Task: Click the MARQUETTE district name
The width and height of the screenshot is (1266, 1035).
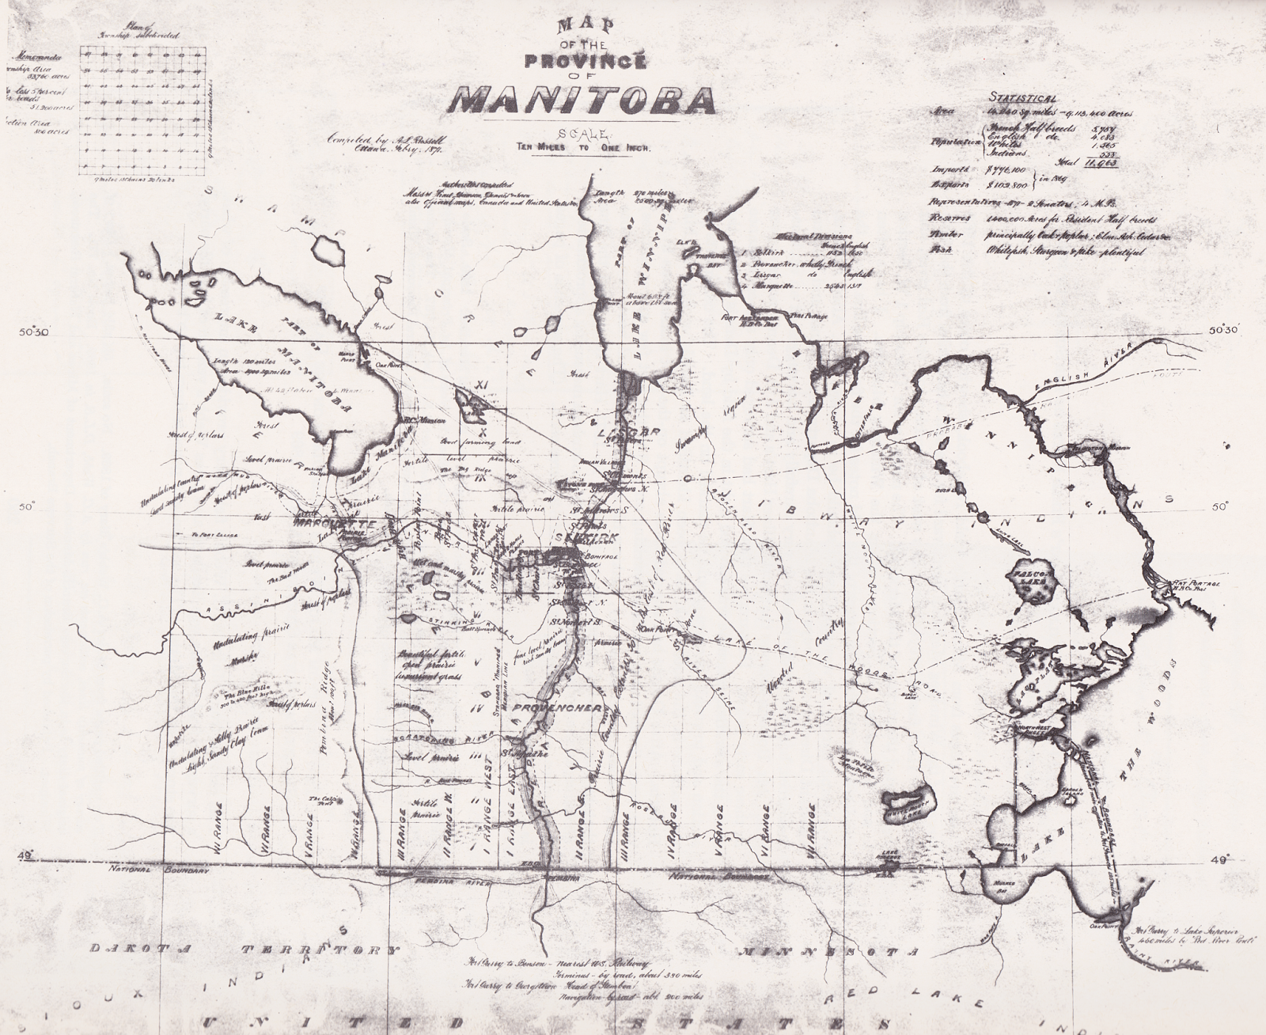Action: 332,525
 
